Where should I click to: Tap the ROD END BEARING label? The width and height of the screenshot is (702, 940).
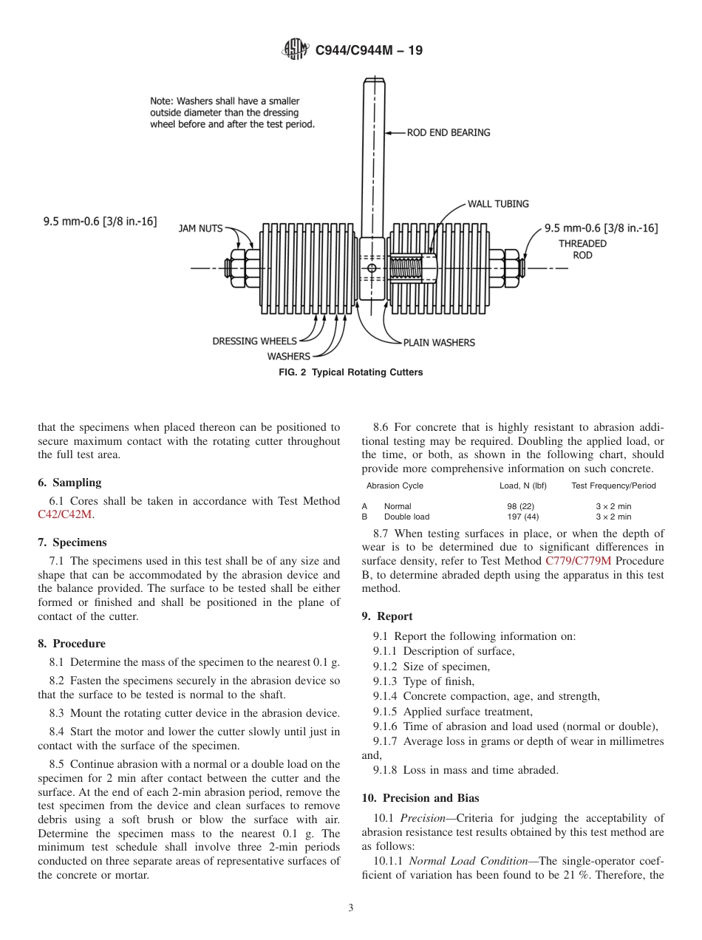[448, 133]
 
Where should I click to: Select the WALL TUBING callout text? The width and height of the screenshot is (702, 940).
[498, 204]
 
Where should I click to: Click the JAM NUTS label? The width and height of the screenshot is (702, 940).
[200, 228]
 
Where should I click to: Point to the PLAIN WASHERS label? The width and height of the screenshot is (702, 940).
[439, 342]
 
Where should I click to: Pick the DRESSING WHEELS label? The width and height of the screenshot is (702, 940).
[254, 341]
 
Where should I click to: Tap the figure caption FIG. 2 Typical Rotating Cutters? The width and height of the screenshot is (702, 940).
[350, 372]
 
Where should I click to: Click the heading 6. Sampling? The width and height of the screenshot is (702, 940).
[69, 483]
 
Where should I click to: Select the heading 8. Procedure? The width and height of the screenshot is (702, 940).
[72, 643]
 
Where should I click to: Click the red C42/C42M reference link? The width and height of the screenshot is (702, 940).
[64, 514]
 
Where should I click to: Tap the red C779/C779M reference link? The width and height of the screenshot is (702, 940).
[578, 561]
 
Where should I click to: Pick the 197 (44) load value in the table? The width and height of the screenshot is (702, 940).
[522, 517]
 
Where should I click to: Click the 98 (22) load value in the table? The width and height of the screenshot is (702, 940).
[522, 506]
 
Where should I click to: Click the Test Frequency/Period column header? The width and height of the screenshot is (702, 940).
[613, 486]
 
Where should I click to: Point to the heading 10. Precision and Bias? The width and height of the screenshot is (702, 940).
[420, 797]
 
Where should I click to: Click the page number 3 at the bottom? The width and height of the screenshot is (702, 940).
[351, 908]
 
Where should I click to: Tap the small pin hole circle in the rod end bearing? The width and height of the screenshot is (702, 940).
[372, 268]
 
